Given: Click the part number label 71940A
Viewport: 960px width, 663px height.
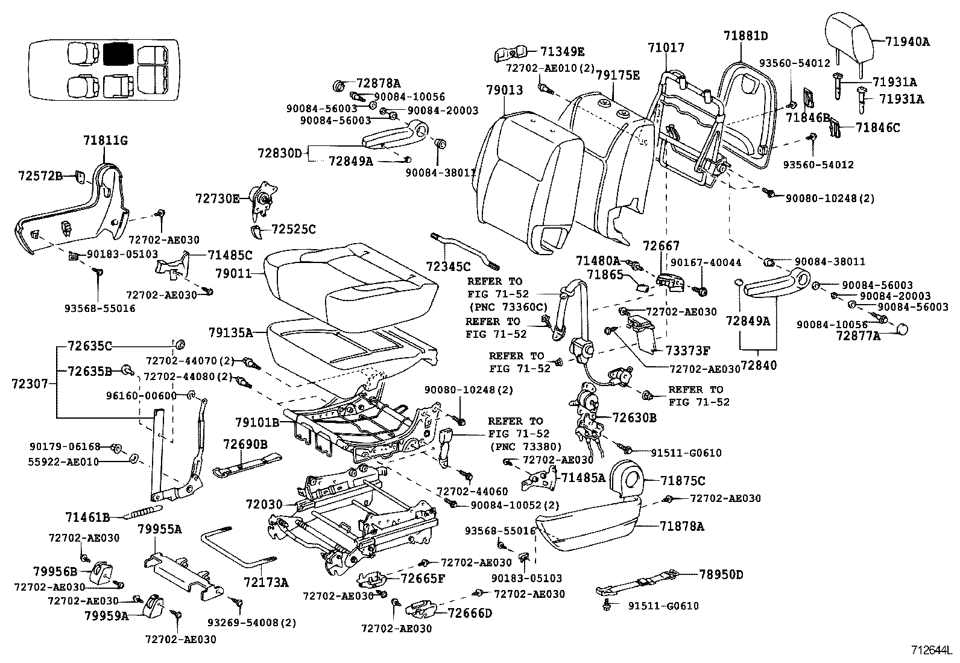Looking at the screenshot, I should [908, 42].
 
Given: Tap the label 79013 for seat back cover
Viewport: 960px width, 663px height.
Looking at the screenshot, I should [505, 90].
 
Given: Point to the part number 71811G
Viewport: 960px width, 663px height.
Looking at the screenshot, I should [106, 141].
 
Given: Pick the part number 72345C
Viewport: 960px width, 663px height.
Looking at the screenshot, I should [448, 265].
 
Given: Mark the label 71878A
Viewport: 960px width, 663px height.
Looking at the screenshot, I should [682, 526].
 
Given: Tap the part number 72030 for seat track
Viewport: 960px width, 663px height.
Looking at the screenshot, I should [264, 503].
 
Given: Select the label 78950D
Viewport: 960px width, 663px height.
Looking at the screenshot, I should [721, 574].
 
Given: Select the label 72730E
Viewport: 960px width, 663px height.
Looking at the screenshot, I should [217, 197].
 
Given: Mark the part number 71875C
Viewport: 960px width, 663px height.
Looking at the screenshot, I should [683, 481].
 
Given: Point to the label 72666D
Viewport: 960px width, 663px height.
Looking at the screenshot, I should [470, 613].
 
